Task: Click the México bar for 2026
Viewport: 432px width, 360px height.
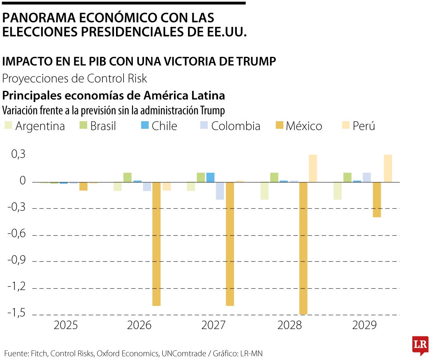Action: [x=156, y=244]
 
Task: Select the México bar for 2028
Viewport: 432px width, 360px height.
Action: [x=303, y=248]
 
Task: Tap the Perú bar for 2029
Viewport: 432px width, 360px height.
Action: [x=388, y=168]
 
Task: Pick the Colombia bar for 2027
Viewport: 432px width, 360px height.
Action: [x=220, y=191]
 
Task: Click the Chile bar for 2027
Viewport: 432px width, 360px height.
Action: [x=210, y=177]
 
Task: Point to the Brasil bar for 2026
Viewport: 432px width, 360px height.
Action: [x=127, y=177]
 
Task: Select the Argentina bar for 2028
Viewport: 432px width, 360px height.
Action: [x=264, y=191]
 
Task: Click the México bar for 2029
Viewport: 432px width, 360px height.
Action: [x=377, y=200]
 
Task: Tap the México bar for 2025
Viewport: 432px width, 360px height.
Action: [x=83, y=186]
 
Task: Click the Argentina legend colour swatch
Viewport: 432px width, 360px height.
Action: [x=8, y=126]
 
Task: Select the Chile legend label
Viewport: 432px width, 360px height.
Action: [x=164, y=126]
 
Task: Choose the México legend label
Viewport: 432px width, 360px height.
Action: [x=304, y=126]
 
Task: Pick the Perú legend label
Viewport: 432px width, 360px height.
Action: [x=364, y=126]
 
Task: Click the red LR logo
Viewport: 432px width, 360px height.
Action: [x=420, y=345]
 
